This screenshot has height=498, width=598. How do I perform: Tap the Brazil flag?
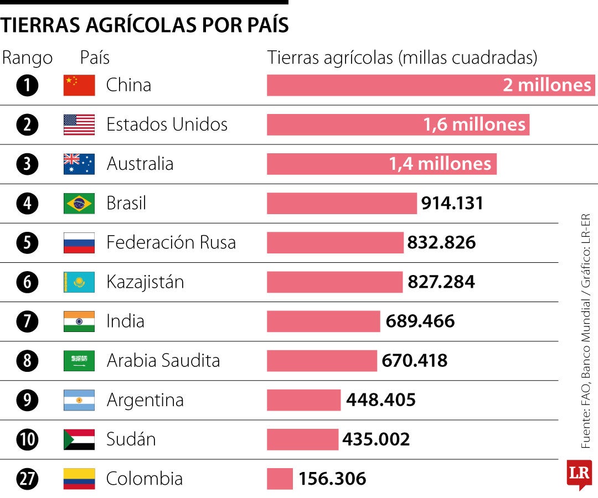pyautogui.click(x=79, y=203)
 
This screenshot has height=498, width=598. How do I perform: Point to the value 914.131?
pyautogui.click(x=452, y=203)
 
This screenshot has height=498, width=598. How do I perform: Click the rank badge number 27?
pyautogui.click(x=27, y=479)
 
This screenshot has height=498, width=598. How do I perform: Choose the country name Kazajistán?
pyautogui.click(x=145, y=282)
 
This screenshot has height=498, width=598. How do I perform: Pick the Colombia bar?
pyautogui.click(x=280, y=479)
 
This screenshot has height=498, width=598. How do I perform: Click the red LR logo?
pyautogui.click(x=579, y=474)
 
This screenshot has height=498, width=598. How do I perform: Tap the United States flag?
pyautogui.click(x=79, y=124)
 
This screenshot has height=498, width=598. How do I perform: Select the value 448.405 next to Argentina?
pyautogui.click(x=381, y=400)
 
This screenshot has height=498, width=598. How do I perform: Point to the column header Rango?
pyautogui.click(x=28, y=58)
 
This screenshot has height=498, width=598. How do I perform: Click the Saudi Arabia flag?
pyautogui.click(x=79, y=361)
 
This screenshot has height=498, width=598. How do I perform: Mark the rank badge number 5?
pyautogui.click(x=27, y=243)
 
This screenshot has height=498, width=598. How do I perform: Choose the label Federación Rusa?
pyautogui.click(x=171, y=242)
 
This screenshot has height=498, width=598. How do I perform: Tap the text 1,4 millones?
pyautogui.click(x=440, y=164)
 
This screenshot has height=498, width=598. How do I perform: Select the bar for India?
pyautogui.click(x=323, y=321)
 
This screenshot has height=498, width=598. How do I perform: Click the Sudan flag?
pyautogui.click(x=79, y=439)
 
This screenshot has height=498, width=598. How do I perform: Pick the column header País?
pyautogui.click(x=95, y=58)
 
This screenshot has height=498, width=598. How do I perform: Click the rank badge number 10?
pyautogui.click(x=27, y=440)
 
